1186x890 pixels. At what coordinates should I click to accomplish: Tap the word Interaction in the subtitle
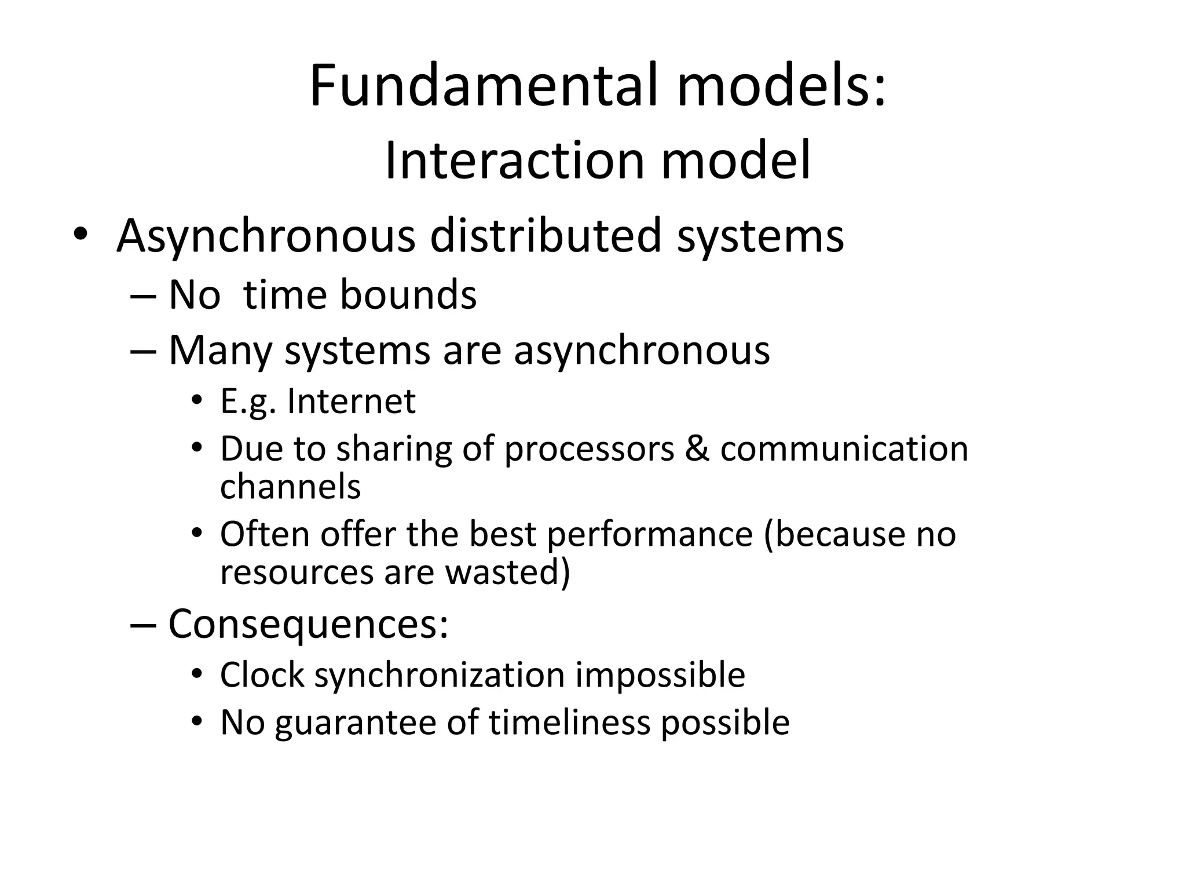pyautogui.click(x=514, y=161)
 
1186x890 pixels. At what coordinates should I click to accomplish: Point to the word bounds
pyautogui.click(x=408, y=294)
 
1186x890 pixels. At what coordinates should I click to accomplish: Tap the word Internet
pyautogui.click(x=351, y=401)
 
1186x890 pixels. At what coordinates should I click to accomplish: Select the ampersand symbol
pyautogui.click(x=697, y=448)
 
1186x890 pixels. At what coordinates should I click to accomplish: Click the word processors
pyautogui.click(x=590, y=450)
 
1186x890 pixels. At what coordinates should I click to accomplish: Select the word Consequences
pyautogui.click(x=308, y=624)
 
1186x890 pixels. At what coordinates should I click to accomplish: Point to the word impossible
pyautogui.click(x=660, y=676)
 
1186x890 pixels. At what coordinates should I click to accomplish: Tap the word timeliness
pyautogui.click(x=569, y=723)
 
